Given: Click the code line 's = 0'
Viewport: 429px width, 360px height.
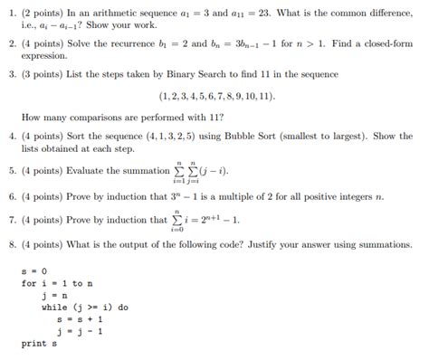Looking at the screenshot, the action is coord(35,271).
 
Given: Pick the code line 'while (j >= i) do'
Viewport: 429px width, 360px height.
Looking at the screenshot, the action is coord(84,308).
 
